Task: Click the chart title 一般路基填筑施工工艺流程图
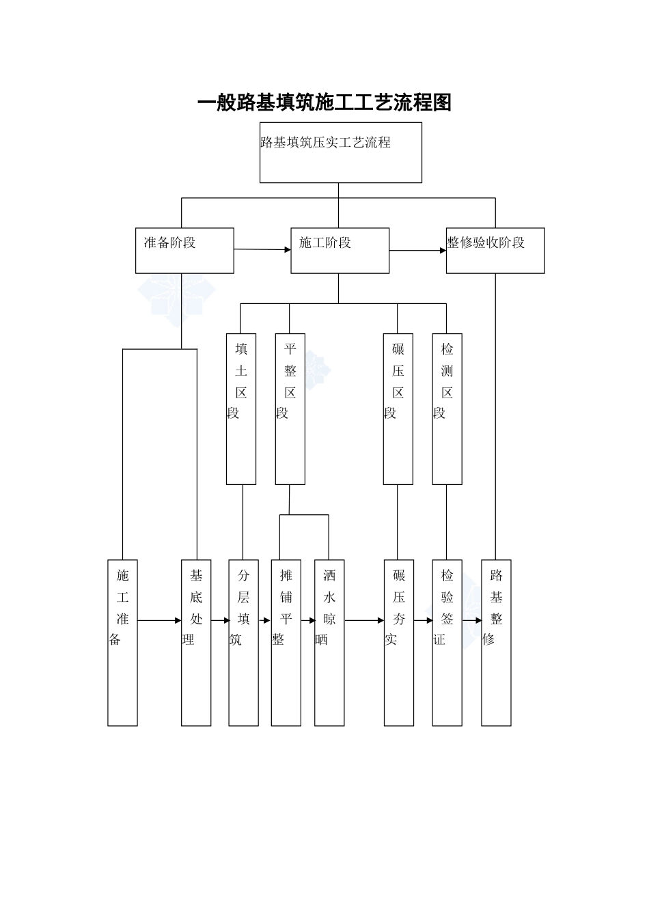324,102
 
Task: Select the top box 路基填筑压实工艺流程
340,152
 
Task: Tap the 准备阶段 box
184,251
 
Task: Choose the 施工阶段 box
340,251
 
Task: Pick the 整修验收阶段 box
495,251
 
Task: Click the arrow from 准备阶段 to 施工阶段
262,249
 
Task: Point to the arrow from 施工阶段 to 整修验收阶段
417,251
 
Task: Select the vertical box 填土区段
241,408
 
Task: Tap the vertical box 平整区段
290,408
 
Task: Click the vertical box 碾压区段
398,408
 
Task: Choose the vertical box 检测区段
447,408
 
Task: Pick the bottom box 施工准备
123,643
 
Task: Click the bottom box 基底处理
196,643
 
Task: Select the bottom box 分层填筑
244,643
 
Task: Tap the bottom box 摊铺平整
286,643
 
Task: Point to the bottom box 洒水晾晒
329,643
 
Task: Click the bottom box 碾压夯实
399,643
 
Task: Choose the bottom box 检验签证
447,643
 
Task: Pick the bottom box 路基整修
497,643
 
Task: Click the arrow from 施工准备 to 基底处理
159,621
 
